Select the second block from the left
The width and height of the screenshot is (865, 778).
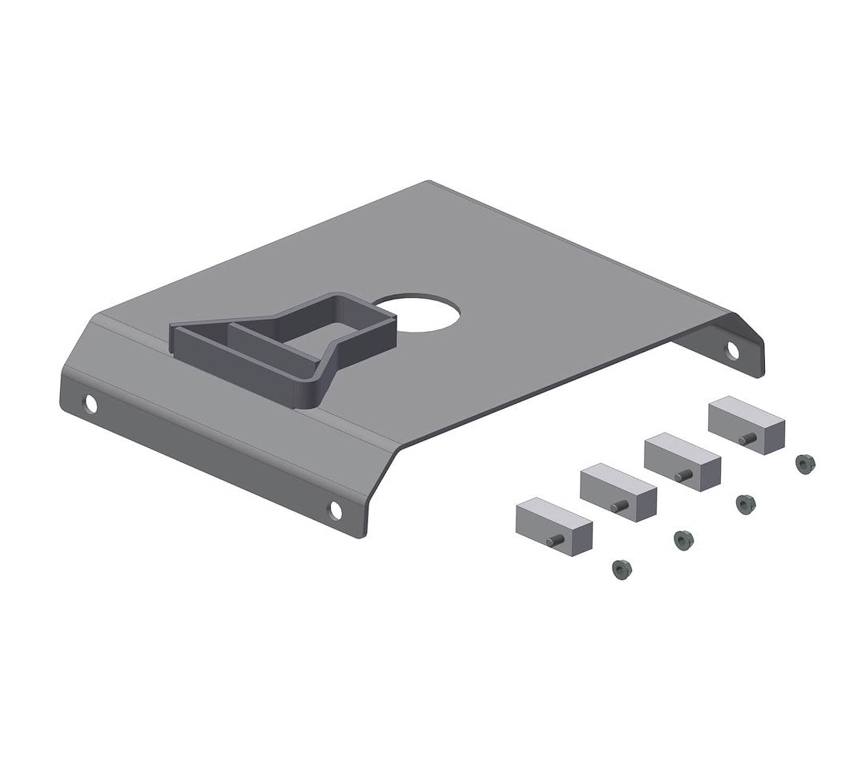coord(618,492)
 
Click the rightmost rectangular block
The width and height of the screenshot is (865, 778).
coord(746,425)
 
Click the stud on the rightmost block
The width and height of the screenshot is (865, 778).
coord(746,438)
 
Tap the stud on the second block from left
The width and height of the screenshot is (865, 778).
coord(618,506)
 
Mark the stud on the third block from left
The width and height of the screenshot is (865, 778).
coord(682,475)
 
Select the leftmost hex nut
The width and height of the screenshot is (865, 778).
coord(621,570)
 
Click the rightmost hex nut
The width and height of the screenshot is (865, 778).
coord(805,464)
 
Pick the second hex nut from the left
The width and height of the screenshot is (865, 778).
coord(682,539)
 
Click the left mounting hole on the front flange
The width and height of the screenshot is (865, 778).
coord(91,405)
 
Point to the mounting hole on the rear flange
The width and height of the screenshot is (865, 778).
coord(733,349)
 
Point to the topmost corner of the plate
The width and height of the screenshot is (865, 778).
coord(429,182)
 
